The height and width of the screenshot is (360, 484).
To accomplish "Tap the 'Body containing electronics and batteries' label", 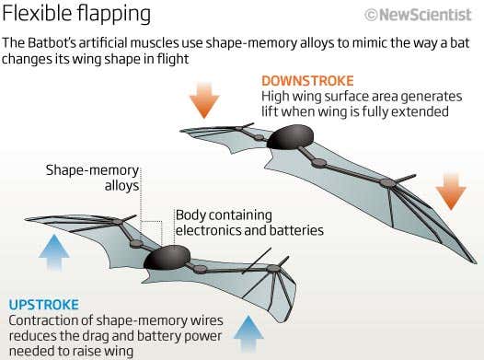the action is coord(248,222).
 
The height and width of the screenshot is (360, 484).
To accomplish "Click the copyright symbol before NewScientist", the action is coord(372,15).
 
